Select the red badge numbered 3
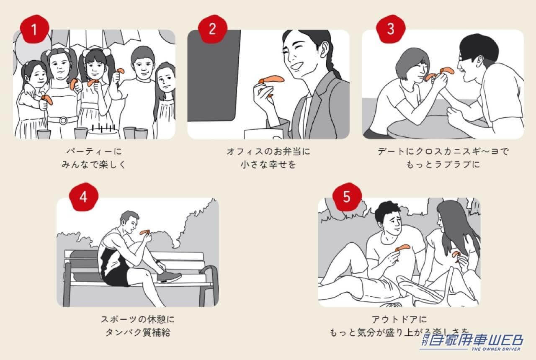coord(391,29)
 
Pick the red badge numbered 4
coord(83,197)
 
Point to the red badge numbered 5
coord(346,197)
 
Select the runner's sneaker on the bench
coord(169,276)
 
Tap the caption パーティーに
coord(94,151)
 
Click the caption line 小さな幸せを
coord(268,164)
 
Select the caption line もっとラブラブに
coord(443,164)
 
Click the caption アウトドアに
coord(399,319)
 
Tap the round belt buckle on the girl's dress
coord(63,121)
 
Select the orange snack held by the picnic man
coord(402,248)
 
